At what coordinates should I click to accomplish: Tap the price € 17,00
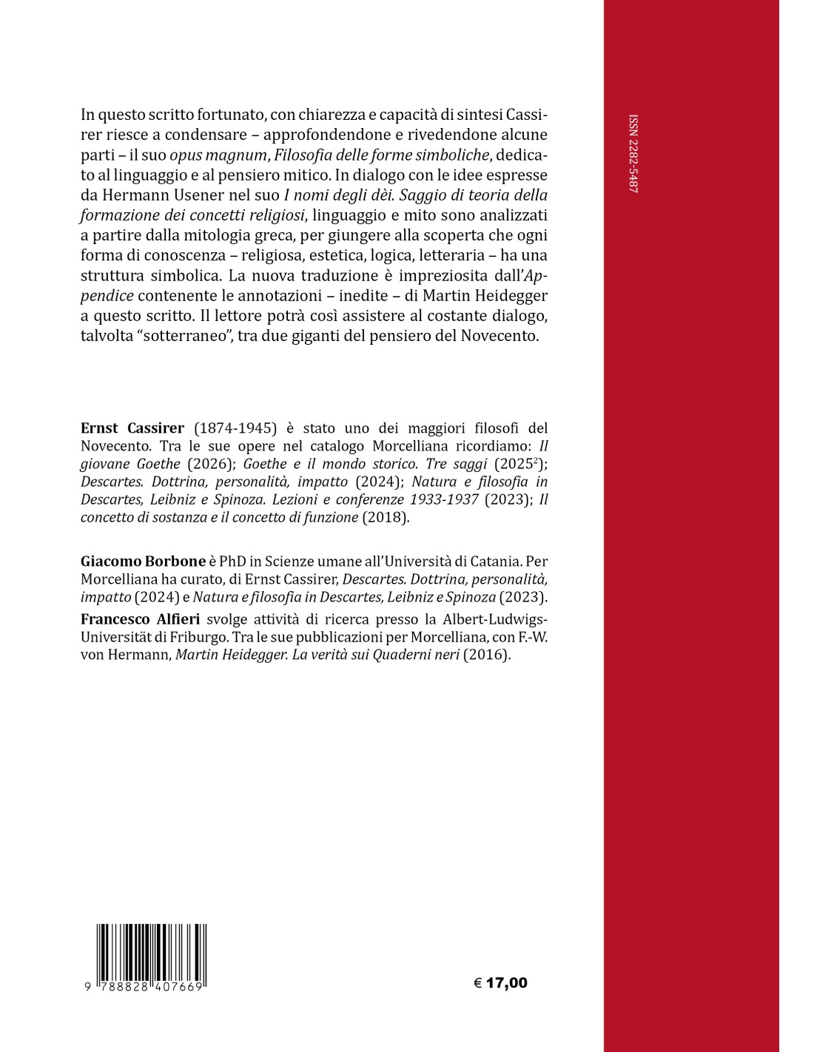pos(500,983)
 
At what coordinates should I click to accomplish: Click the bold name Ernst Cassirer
pos(132,428)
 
